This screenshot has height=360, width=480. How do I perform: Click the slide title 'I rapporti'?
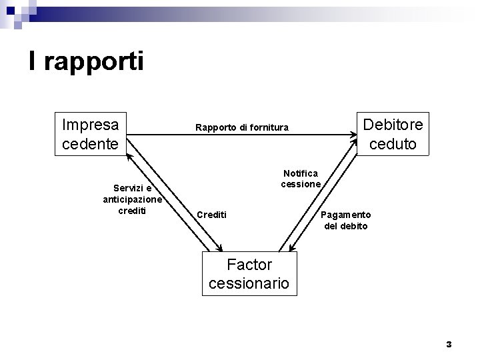click(86, 61)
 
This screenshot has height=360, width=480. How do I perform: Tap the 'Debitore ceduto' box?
click(392, 134)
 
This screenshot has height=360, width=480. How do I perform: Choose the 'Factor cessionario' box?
click(249, 273)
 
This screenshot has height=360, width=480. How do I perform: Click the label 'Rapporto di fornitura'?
click(241, 127)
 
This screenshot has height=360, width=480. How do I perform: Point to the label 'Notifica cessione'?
click(301, 178)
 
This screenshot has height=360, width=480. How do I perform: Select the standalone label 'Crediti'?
click(211, 215)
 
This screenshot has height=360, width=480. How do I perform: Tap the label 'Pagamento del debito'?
click(346, 220)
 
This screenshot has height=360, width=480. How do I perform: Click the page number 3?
click(449, 344)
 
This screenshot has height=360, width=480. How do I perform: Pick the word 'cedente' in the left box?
click(90, 143)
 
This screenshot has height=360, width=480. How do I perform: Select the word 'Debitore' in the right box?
click(392, 125)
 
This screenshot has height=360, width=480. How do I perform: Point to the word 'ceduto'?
click(392, 144)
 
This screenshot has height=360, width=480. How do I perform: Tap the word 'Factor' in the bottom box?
click(249, 264)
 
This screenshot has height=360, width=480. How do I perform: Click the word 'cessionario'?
click(249, 283)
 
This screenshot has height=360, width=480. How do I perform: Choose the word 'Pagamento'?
click(346, 215)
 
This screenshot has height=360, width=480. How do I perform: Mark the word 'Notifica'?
click(301, 173)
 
